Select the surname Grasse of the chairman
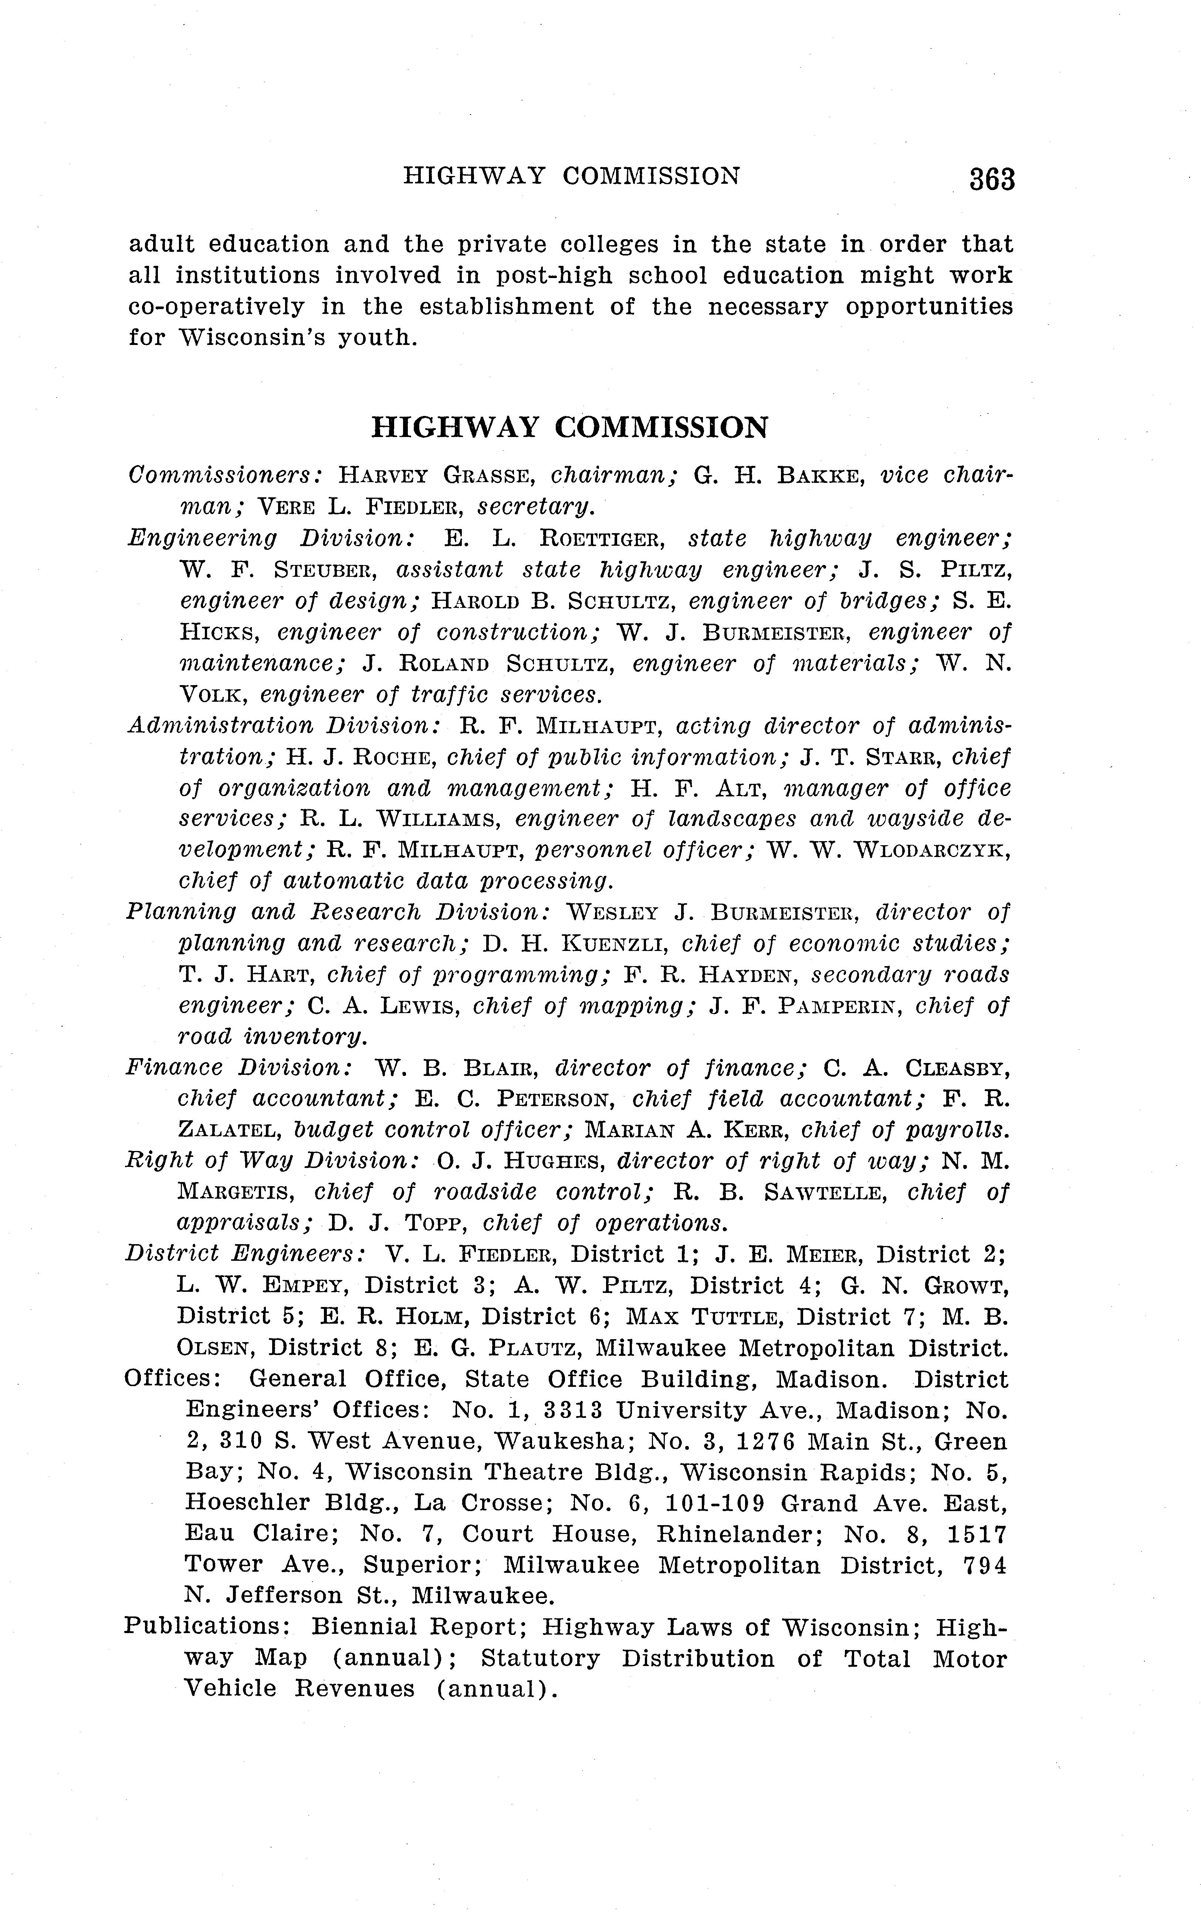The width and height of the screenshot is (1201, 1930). point(487,477)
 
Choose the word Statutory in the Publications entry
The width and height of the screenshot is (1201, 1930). point(540,1658)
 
